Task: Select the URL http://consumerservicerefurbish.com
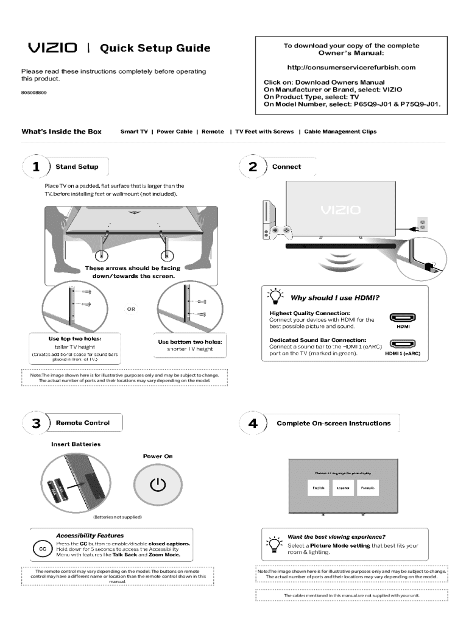coord(351,67)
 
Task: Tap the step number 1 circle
coord(37,166)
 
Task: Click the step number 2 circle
coord(253,166)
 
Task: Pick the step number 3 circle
coord(37,423)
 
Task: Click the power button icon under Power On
coord(158,484)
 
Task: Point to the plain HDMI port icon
coord(403,317)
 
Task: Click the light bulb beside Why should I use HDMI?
coord(275,297)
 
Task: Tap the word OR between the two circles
coord(131,309)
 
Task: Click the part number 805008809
coord(34,92)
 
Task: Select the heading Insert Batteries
coord(76,444)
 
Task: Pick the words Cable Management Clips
coord(340,132)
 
